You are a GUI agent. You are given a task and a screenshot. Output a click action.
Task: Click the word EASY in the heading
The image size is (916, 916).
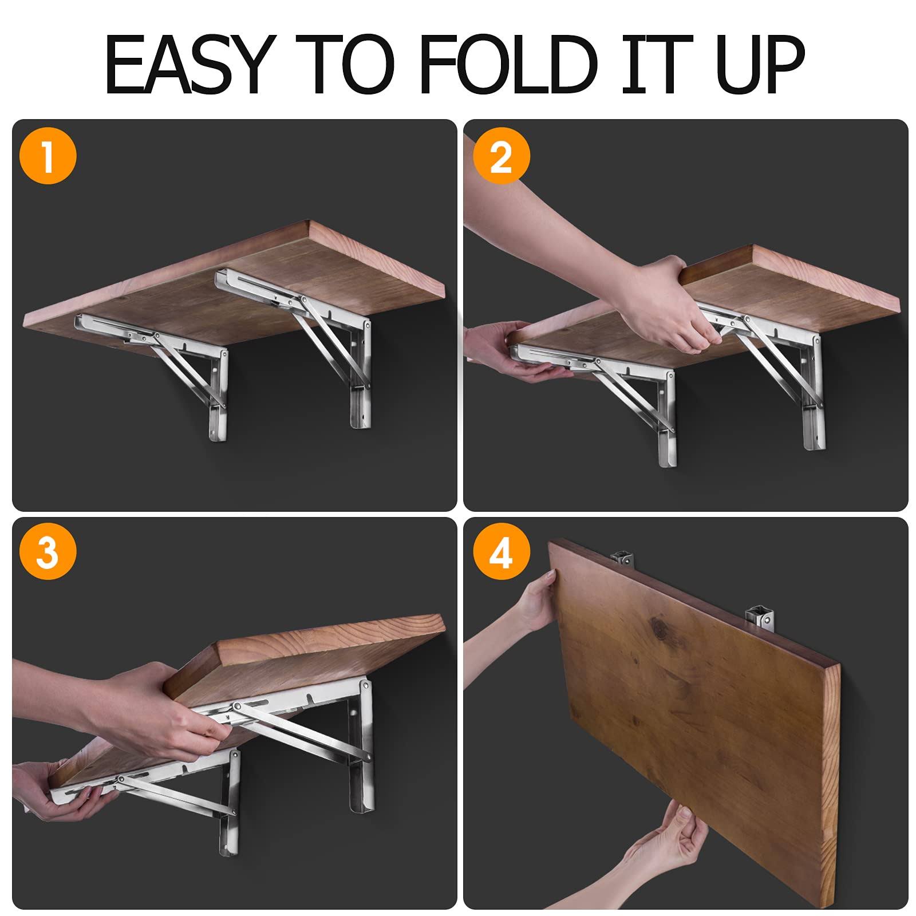tap(187, 64)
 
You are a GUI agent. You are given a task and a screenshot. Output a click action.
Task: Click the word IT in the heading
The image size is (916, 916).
tap(657, 64)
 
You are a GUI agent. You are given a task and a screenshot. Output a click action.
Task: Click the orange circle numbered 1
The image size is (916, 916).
tap(48, 156)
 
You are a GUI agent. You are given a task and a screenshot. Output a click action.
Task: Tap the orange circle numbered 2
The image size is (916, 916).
tap(502, 156)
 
